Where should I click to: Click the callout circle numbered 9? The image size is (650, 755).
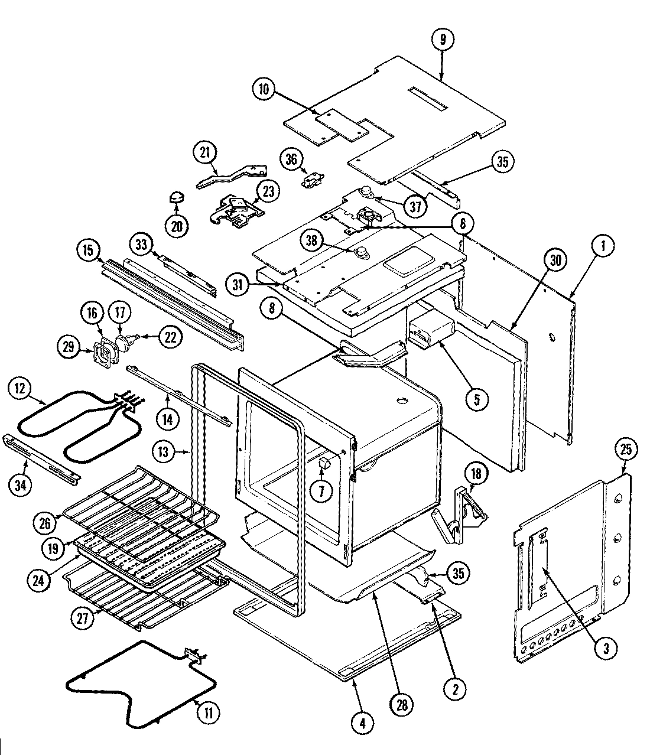(x=443, y=40)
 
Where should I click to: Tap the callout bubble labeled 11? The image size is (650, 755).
(x=207, y=712)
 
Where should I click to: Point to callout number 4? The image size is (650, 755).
(x=362, y=721)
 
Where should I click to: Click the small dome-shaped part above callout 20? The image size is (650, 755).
(x=175, y=196)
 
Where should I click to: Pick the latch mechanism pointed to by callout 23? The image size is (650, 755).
(x=236, y=211)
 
